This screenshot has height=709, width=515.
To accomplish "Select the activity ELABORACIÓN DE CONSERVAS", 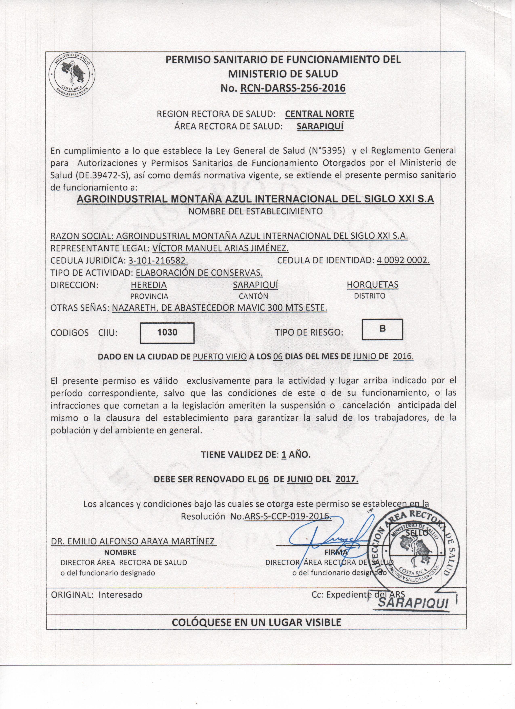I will [199, 273].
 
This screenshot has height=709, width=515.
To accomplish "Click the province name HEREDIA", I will [149, 285].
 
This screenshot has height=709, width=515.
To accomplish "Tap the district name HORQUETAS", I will [372, 285].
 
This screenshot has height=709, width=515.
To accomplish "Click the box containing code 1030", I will [167, 333].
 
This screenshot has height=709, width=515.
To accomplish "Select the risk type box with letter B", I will [382, 329].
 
